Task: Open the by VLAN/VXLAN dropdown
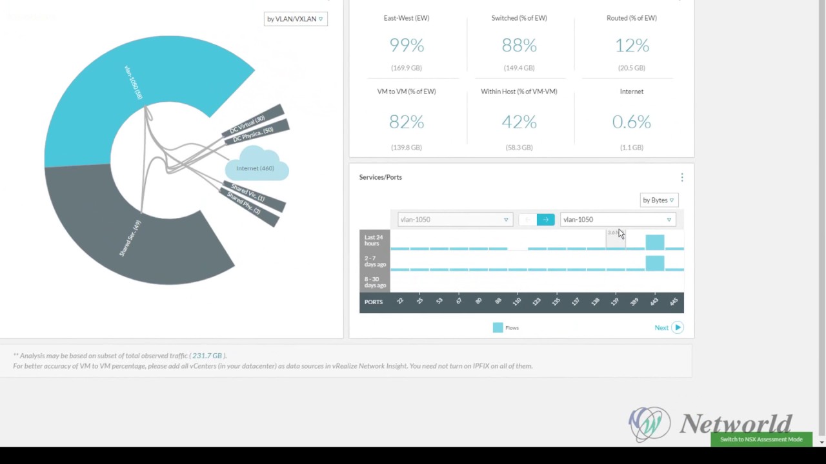coord(296,19)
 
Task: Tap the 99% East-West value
coord(407,45)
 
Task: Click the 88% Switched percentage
coord(519,45)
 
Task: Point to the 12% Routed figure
coord(632,45)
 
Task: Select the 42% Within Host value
coord(519,122)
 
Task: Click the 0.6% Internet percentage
coord(632,122)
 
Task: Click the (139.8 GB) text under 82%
coord(407,148)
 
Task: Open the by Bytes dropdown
coord(658,200)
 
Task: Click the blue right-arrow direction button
coord(545,220)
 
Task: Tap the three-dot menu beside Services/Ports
coord(682,177)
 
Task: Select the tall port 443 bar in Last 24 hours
coord(655,242)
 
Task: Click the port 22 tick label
coord(400,301)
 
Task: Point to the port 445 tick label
coord(674,301)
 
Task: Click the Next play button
coord(677,327)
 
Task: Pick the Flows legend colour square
coord(498,328)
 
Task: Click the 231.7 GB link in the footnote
coord(207,356)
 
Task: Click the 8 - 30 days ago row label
coord(375,282)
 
